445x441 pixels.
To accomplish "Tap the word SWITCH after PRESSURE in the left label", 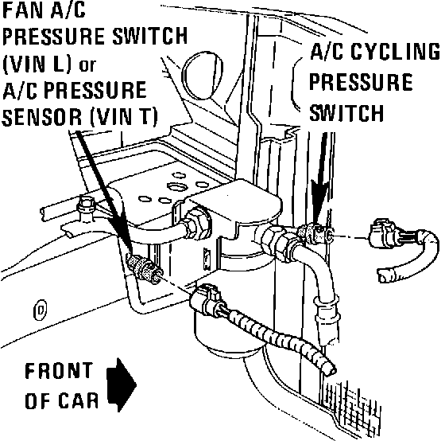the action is [150, 36].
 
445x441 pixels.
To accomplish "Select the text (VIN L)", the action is [37, 64].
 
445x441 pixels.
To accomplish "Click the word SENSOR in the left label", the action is [42, 117].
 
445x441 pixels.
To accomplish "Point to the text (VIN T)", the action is [123, 117].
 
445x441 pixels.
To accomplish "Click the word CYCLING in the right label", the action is [396, 52].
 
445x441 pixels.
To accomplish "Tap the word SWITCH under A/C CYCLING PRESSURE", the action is [346, 113].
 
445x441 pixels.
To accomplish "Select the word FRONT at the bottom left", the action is [59, 370].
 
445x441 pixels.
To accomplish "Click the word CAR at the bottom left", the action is [79, 400].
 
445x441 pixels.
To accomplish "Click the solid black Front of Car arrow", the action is [122, 385].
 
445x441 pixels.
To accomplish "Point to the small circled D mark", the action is [40, 310].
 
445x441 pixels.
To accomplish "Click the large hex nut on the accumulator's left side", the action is [197, 224].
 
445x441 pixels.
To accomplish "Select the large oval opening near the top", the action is [202, 76].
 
